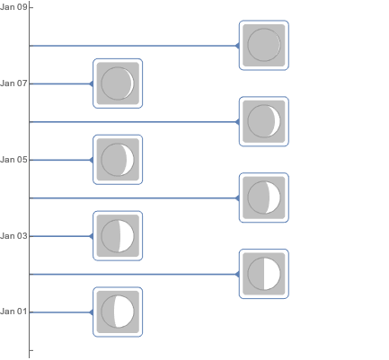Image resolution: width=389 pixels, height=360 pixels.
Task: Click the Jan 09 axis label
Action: click(13, 7)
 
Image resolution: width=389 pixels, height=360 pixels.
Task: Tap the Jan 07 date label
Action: click(13, 83)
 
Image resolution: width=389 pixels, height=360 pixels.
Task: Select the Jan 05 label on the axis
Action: click(13, 160)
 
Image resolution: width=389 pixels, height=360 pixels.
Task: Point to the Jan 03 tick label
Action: click(13, 236)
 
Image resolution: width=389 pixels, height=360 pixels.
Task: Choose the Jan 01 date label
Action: click(13, 312)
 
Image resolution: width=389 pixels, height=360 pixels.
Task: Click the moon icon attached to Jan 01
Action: click(118, 312)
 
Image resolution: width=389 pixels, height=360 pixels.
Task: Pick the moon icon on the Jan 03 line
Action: click(118, 236)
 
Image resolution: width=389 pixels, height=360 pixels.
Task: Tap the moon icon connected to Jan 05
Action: click(118, 160)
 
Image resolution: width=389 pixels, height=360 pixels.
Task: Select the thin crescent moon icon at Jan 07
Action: click(118, 83)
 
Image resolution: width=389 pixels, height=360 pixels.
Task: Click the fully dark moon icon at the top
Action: click(264, 45)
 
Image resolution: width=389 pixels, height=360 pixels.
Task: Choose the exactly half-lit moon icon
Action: click(264, 274)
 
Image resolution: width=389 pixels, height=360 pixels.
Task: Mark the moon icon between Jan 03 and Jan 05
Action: click(264, 198)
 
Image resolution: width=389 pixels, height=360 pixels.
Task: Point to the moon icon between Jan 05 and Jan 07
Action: click(264, 121)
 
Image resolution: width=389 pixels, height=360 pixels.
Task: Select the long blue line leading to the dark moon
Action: click(133, 46)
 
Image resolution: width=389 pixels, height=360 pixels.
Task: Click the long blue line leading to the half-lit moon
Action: click(133, 274)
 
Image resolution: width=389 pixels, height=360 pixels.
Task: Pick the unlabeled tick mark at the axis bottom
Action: click(31, 350)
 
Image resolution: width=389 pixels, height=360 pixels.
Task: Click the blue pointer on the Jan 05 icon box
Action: click(92, 160)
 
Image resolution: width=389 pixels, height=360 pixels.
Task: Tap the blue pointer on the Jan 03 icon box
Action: click(92, 236)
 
